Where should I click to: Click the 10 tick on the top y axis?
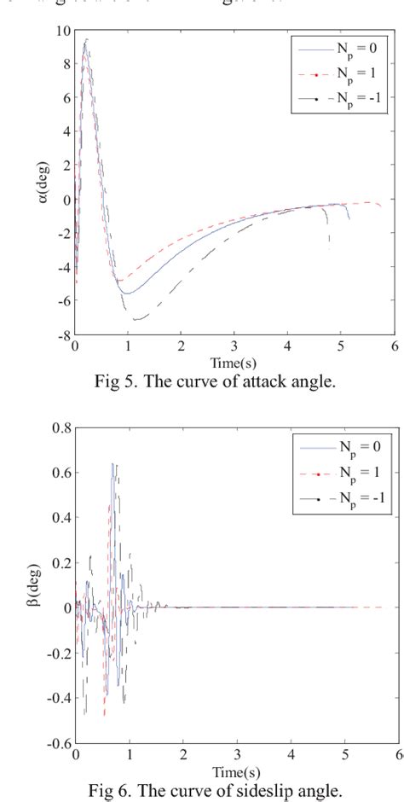coord(63,31)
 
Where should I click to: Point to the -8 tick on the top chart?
coord(63,336)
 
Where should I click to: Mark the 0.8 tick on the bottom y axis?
coord(60,428)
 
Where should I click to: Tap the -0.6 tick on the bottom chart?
coord(58,743)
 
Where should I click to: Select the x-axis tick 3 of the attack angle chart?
coord(234,347)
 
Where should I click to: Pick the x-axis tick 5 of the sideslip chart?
coord(343,754)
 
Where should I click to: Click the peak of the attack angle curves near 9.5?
coord(86,39)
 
